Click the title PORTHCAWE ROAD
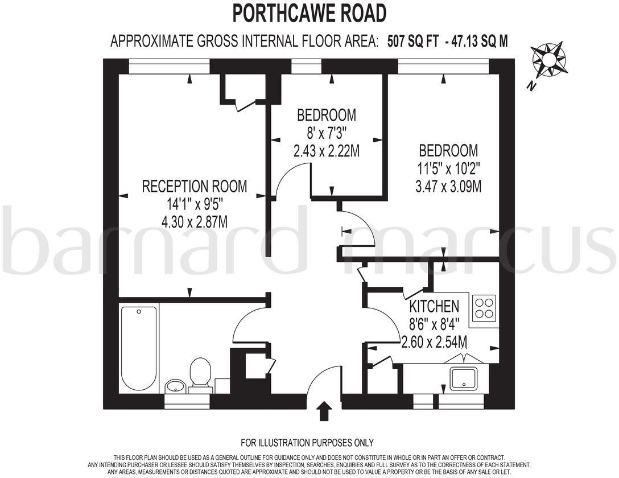pyautogui.click(x=309, y=13)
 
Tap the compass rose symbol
pyautogui.click(x=548, y=59)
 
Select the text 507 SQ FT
pyautogui.click(x=412, y=41)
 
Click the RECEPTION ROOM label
pyautogui.click(x=195, y=186)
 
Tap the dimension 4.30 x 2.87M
pyautogui.click(x=195, y=222)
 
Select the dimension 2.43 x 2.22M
pyautogui.click(x=327, y=151)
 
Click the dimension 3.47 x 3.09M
pyautogui.click(x=448, y=187)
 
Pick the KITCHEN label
pyautogui.click(x=434, y=307)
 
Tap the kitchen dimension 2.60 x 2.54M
pyautogui.click(x=435, y=342)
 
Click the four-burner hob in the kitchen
pyautogui.click(x=484, y=308)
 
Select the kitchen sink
pyautogui.click(x=463, y=378)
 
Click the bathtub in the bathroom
pyautogui.click(x=139, y=348)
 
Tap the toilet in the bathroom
pyautogui.click(x=200, y=374)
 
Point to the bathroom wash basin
pyautogui.click(x=175, y=386)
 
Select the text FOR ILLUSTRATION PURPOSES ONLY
pyautogui.click(x=307, y=443)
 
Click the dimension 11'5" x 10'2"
pyautogui.click(x=448, y=168)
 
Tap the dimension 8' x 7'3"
pyautogui.click(x=327, y=133)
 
